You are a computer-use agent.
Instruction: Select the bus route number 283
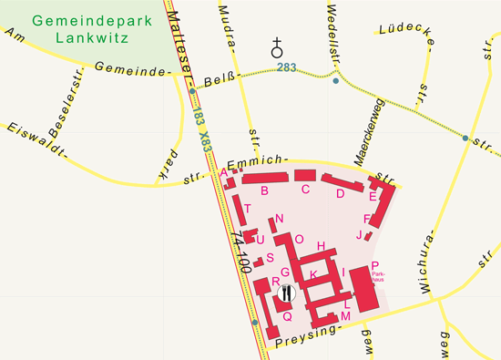coord(287,67)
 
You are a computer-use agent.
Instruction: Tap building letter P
coord(375,265)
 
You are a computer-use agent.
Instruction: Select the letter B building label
coord(264,190)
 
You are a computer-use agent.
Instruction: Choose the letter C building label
coord(306,189)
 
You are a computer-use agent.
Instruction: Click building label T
coord(247,209)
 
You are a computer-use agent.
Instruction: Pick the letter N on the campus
coord(280,218)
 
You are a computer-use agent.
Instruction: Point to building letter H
coord(321,246)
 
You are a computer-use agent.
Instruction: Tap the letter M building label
coord(345,315)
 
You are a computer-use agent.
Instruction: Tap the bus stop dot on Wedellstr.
coord(336,82)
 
